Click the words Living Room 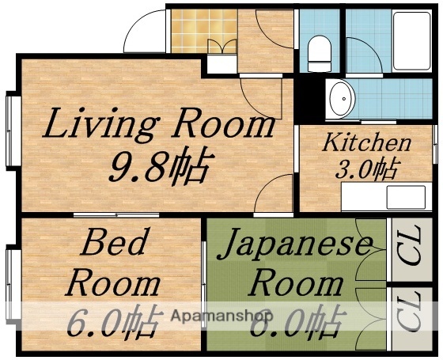[x=158, y=125]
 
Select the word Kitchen [x=365, y=143]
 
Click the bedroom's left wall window [x=12, y=285]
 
